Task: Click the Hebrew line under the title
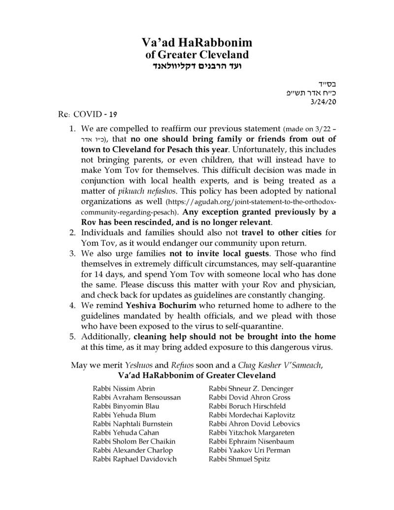pos(197,66)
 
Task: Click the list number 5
pos(72,337)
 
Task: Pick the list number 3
pos(72,253)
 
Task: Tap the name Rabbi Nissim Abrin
pos(124,388)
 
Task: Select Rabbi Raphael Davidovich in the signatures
pos(134,459)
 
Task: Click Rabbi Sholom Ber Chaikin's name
pos(133,442)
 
